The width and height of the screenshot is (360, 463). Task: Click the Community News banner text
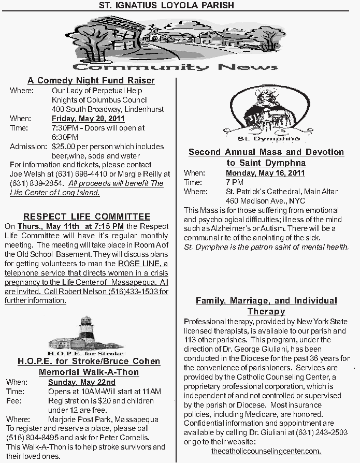pyautogui.click(x=175, y=67)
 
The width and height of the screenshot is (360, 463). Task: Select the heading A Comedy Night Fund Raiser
pyautogui.click(x=91, y=81)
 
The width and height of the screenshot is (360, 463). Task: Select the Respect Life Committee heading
pyautogui.click(x=87, y=216)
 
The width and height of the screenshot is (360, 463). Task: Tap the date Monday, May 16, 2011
pyautogui.click(x=265, y=173)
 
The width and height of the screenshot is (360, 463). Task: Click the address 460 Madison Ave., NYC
pyautogui.click(x=266, y=201)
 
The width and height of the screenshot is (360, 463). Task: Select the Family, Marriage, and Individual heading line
pyautogui.click(x=266, y=301)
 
